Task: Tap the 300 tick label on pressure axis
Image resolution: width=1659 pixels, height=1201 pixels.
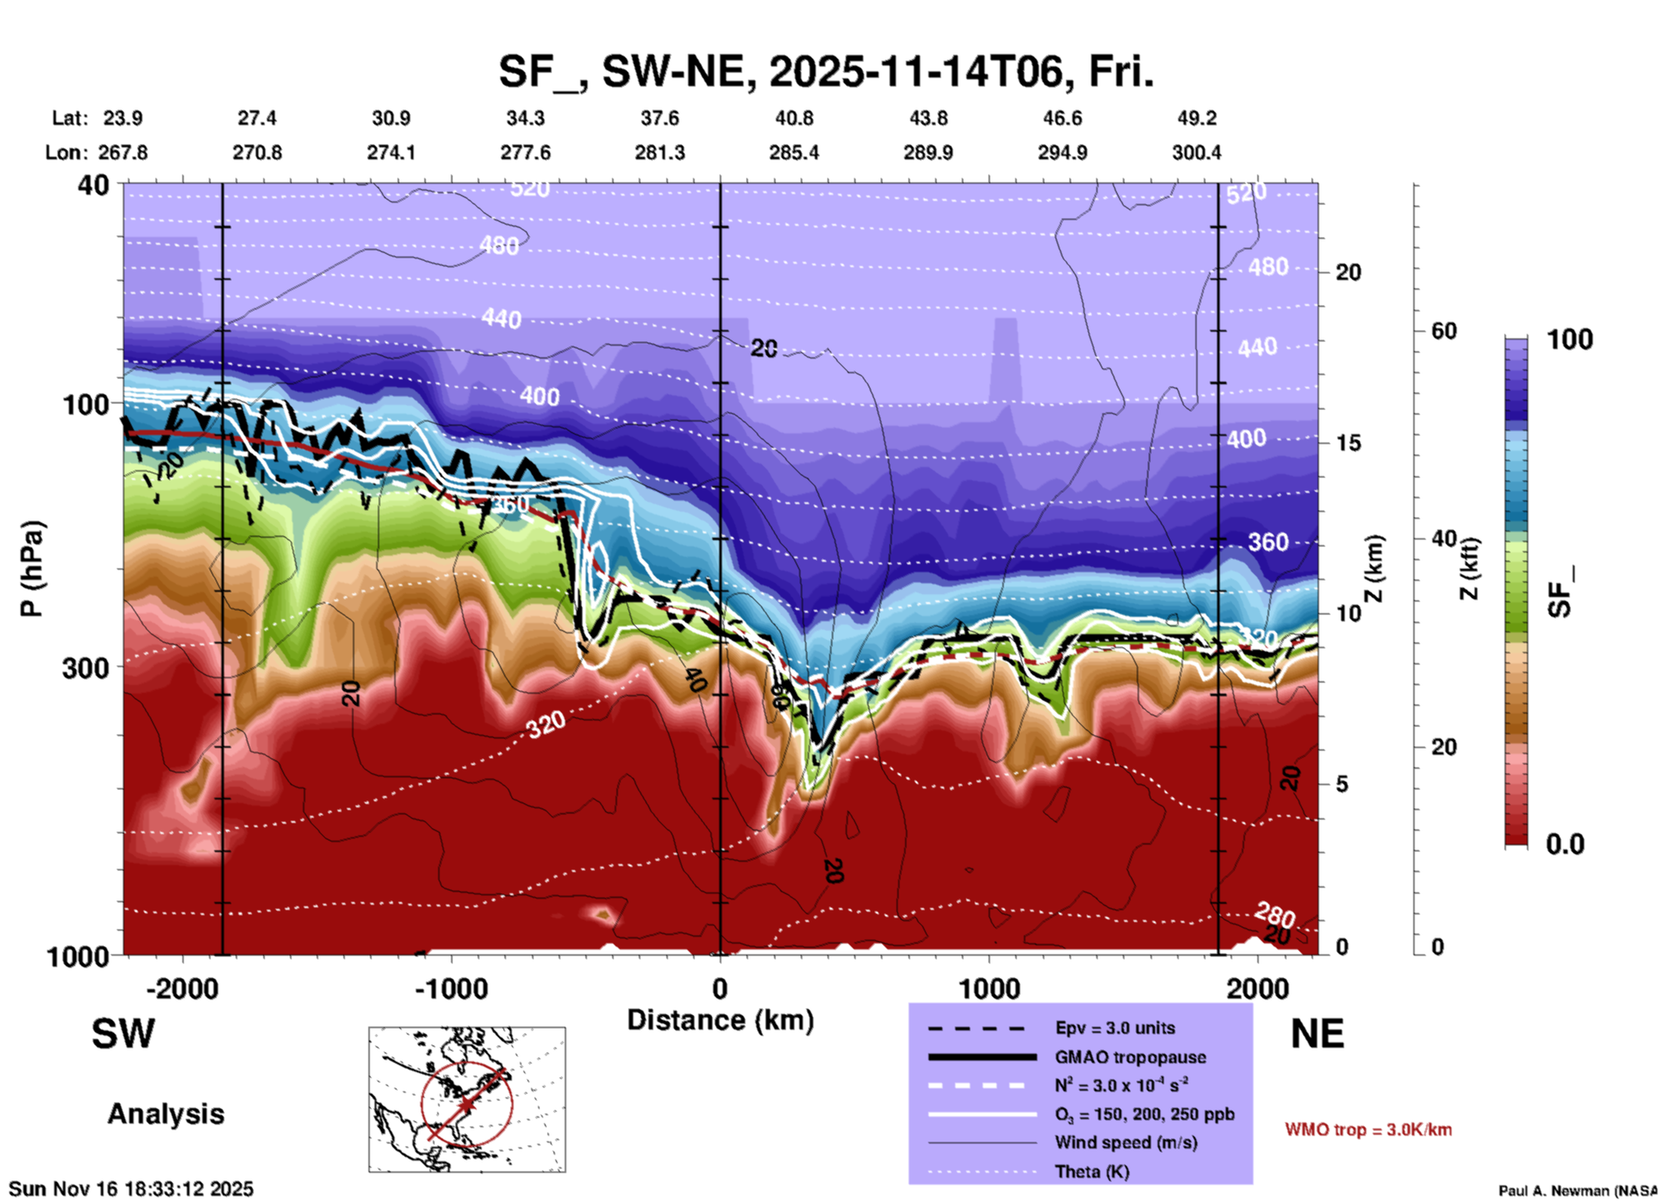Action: (x=85, y=668)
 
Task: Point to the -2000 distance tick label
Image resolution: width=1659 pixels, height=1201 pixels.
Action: (x=182, y=988)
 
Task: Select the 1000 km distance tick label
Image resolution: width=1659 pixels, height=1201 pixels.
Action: (x=989, y=988)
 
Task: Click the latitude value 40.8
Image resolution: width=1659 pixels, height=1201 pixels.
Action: (x=793, y=118)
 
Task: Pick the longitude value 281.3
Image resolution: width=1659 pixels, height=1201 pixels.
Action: (x=660, y=152)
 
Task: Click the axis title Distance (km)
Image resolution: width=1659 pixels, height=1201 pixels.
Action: (x=720, y=1020)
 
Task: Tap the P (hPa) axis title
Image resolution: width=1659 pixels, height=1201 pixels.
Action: (x=32, y=569)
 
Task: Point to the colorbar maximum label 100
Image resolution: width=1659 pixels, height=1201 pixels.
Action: (x=1569, y=339)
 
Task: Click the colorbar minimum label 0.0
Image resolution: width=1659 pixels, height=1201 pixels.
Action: (x=1565, y=843)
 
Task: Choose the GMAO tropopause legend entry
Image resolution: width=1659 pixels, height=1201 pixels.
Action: (x=1130, y=1057)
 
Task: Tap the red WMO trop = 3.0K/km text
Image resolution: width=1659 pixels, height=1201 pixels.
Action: (x=1368, y=1129)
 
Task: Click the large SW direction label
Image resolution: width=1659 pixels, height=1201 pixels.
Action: (x=123, y=1034)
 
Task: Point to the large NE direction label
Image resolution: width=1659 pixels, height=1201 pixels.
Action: (x=1317, y=1034)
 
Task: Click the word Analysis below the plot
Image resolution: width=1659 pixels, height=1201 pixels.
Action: (x=165, y=1114)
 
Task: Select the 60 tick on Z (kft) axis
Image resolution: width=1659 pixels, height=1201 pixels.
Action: (x=1444, y=331)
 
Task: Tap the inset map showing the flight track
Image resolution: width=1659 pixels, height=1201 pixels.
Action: (x=467, y=1098)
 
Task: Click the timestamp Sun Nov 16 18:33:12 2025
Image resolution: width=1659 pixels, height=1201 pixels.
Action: (x=131, y=1189)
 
